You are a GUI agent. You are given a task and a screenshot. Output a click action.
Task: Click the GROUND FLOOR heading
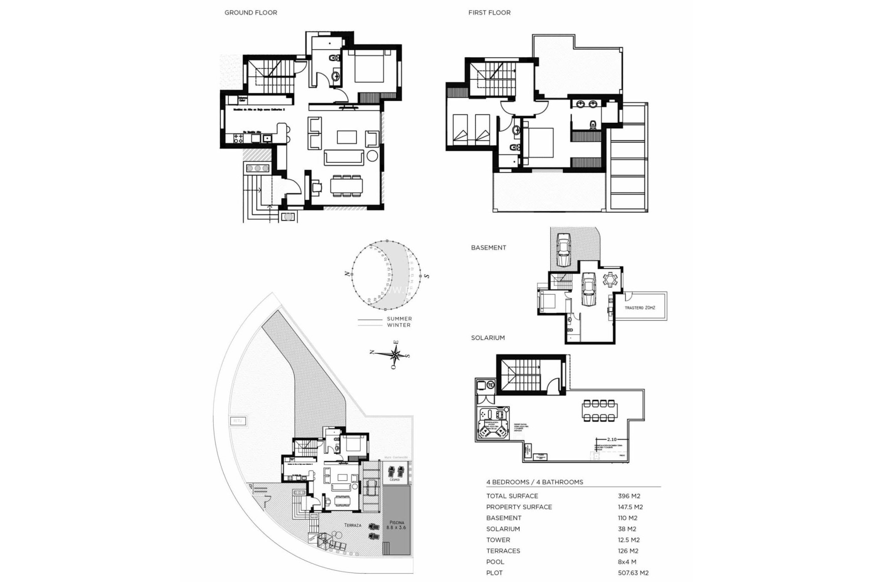coord(251,13)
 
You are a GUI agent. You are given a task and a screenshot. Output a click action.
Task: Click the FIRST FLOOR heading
coord(489,13)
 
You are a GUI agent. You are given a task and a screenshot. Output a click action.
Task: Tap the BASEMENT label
coord(488,248)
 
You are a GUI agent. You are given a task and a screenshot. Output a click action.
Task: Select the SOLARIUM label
coord(488,338)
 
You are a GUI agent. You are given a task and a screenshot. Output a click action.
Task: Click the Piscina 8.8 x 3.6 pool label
coord(396,525)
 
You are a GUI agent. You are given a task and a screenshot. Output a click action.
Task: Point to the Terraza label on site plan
coord(352,525)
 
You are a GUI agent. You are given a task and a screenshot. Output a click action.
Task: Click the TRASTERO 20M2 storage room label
coord(639,308)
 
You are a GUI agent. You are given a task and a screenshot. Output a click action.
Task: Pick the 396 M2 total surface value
coord(629,496)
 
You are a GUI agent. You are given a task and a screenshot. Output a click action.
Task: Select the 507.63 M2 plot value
coord(633,573)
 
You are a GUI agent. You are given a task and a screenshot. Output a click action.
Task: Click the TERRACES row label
coord(503,551)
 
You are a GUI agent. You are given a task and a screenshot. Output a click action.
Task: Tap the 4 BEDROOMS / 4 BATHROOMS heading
coord(535,482)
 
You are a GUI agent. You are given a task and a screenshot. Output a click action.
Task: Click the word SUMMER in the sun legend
coord(399,319)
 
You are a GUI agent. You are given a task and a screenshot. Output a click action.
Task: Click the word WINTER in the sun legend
coord(399,325)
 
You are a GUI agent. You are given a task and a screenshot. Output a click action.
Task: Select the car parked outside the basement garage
coord(563,250)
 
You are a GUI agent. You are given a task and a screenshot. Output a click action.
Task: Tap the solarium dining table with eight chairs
coord(600,411)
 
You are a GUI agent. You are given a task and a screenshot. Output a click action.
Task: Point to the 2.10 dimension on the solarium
coord(612,439)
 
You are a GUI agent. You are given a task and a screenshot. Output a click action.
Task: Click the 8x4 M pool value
coord(628,562)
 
